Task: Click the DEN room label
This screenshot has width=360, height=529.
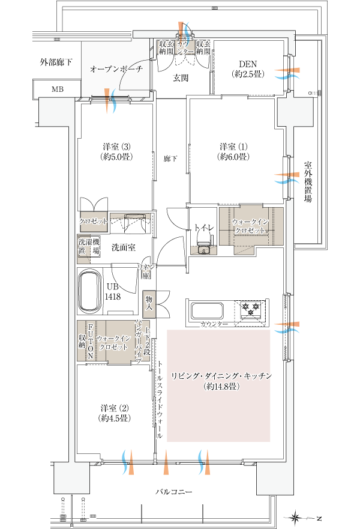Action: point(248,69)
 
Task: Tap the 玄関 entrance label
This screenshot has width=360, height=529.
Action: point(181,78)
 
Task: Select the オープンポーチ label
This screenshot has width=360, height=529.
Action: point(116,69)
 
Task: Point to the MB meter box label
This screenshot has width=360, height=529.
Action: point(58,89)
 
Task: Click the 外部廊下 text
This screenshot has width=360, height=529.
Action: point(56,62)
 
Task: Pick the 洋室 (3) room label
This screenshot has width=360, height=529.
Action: point(116,152)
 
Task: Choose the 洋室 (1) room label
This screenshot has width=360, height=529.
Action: point(233,152)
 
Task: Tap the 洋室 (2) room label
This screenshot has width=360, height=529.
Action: point(115,413)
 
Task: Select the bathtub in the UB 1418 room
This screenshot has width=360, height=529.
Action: point(89,291)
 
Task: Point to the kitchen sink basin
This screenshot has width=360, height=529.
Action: point(206,310)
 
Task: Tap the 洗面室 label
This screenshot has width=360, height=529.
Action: point(124,247)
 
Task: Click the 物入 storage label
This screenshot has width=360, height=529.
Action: point(149,303)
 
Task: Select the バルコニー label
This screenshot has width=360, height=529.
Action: point(174,492)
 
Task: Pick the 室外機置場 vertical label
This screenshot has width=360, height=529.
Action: point(307,181)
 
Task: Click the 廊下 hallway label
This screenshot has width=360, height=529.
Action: point(170,159)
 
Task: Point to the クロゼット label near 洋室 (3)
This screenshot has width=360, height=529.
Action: point(94,222)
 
